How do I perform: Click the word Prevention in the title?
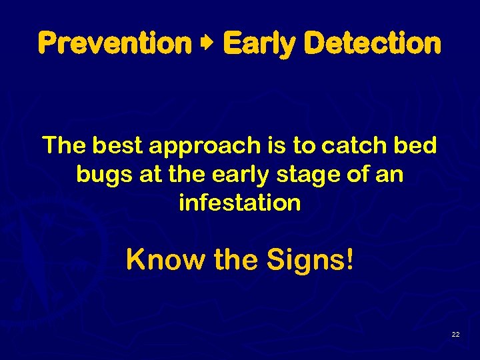click(115, 44)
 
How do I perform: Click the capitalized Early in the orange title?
click(261, 44)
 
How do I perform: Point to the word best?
click(119, 145)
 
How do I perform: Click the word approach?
click(203, 146)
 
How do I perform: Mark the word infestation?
click(240, 203)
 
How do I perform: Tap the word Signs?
click(308, 260)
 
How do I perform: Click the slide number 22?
click(455, 334)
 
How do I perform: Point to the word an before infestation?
click(390, 174)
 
